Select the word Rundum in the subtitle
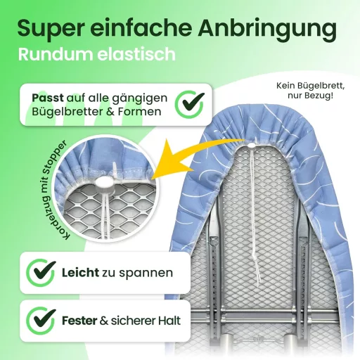click(56, 54)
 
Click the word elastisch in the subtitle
click(136, 54)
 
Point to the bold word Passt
click(48, 98)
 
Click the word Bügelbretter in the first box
click(67, 112)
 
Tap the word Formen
click(139, 112)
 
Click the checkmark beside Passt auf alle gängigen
click(190, 105)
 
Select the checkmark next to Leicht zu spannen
click(41, 272)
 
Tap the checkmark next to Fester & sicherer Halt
click(41, 321)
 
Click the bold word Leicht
click(80, 273)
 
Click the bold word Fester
click(79, 321)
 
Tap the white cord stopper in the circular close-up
click(103, 183)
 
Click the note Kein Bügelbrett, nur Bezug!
click(310, 91)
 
